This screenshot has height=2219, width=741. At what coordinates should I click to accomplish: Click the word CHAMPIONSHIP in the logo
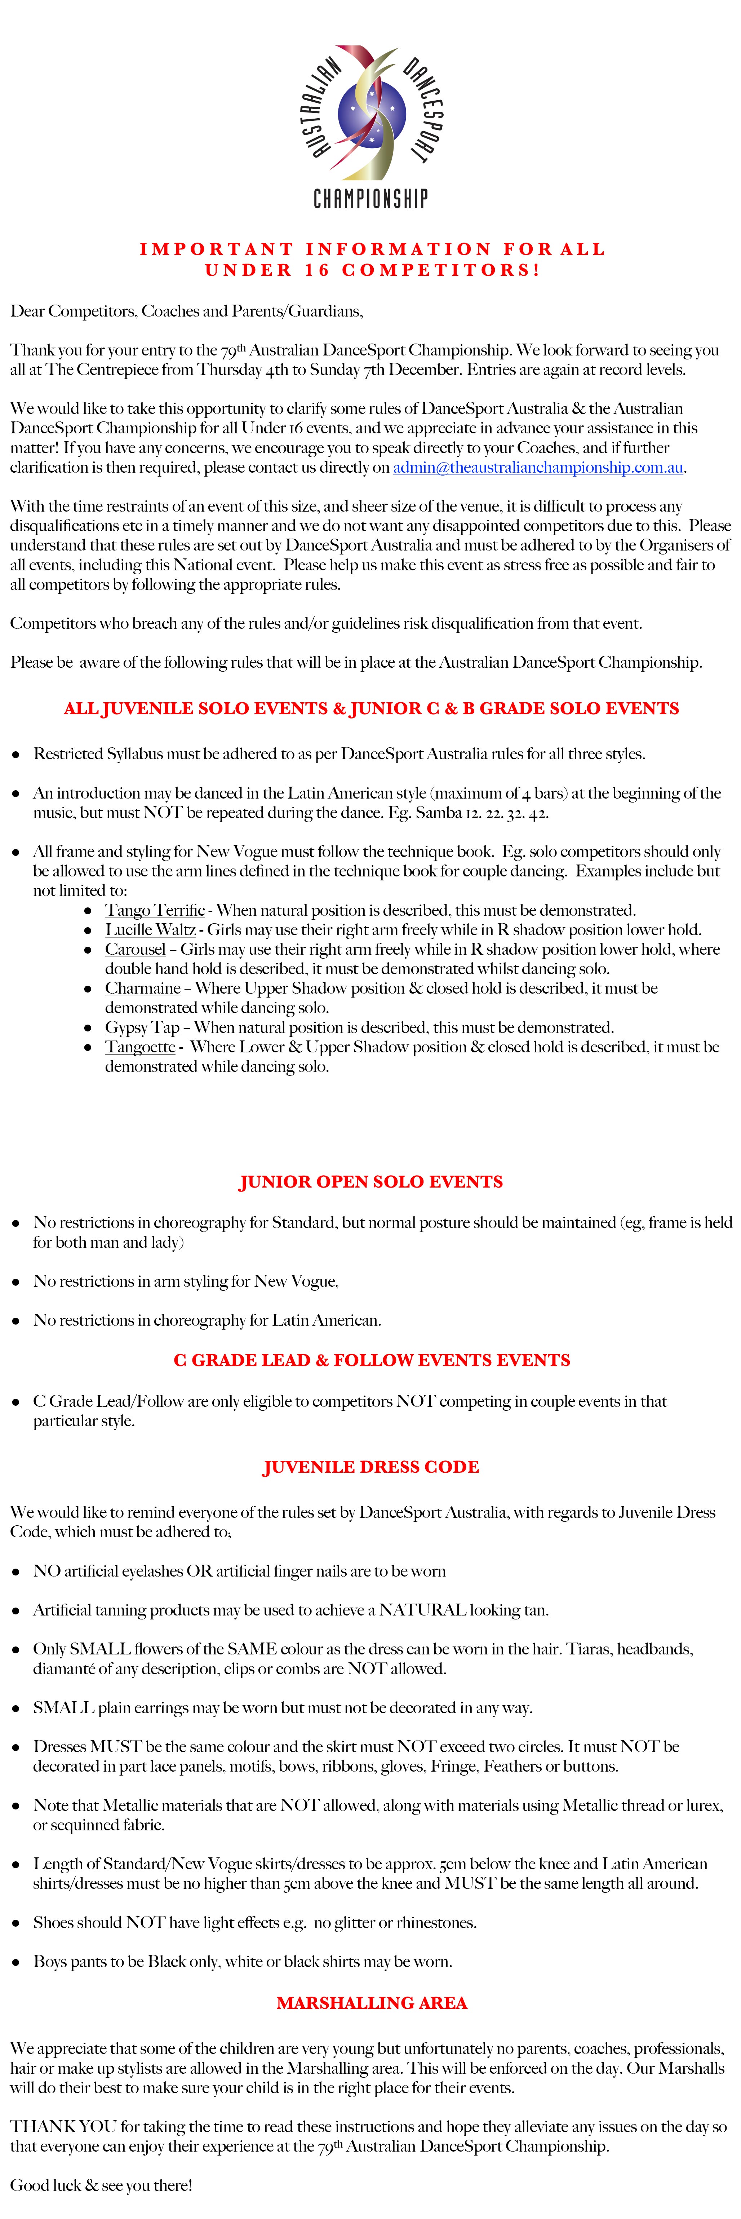pyautogui.click(x=370, y=200)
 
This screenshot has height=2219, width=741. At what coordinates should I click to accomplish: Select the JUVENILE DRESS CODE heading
pyautogui.click(x=370, y=1467)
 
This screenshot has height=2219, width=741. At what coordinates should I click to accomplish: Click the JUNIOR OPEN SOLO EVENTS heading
pyautogui.click(x=370, y=1182)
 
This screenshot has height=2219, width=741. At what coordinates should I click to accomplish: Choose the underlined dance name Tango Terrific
pyautogui.click(x=155, y=911)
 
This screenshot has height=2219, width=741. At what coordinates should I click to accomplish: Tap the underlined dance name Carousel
pyautogui.click(x=135, y=949)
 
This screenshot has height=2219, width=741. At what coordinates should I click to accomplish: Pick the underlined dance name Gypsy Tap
pyautogui.click(x=142, y=1028)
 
